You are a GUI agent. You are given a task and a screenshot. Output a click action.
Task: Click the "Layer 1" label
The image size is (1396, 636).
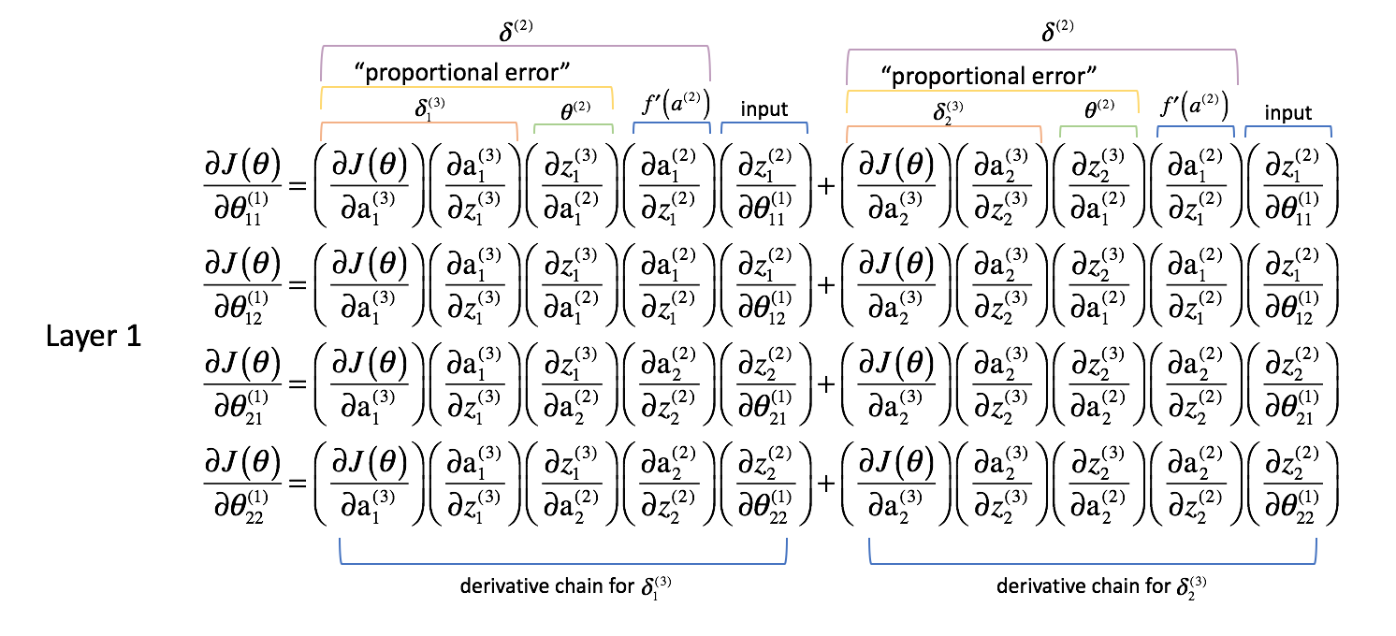pyautogui.click(x=94, y=337)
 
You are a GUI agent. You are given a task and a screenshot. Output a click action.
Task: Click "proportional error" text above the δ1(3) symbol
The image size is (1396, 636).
pyautogui.click(x=462, y=71)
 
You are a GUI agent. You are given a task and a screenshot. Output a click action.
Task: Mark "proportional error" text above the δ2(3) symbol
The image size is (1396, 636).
pyautogui.click(x=988, y=75)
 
